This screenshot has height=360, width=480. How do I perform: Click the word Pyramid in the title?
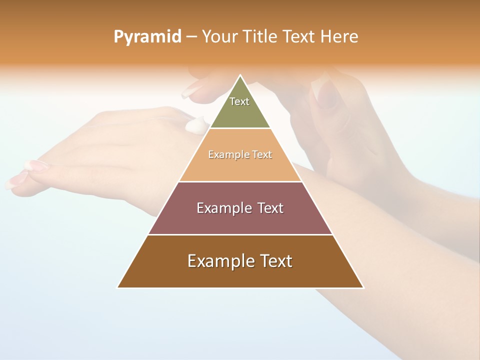(x=147, y=37)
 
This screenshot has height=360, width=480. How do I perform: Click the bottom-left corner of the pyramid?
(x=118, y=287)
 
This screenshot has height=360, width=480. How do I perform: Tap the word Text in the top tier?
(x=239, y=101)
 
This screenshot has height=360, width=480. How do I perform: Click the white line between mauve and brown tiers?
(x=240, y=234)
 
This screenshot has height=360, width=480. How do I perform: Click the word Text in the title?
(x=299, y=37)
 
